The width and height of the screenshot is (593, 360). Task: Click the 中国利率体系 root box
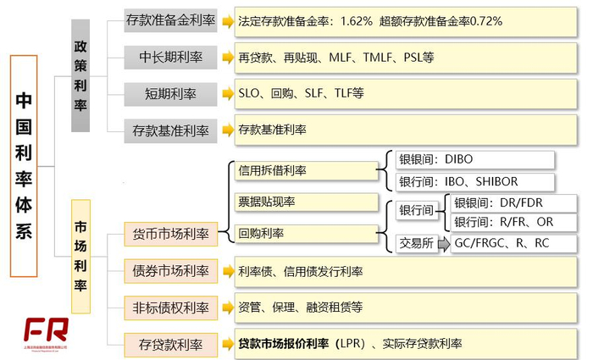point(24,166)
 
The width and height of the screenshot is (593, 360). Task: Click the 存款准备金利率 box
point(170,20)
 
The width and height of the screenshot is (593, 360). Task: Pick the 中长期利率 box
point(170,57)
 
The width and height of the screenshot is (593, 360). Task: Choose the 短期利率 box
point(170,93)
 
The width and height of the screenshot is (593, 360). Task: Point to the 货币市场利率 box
point(170,233)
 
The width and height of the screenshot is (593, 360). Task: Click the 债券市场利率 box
point(170,270)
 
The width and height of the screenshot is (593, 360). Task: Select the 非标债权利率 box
point(170,307)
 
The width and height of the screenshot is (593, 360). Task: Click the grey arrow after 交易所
point(445,244)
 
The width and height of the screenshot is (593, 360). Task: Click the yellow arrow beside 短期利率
point(228,93)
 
